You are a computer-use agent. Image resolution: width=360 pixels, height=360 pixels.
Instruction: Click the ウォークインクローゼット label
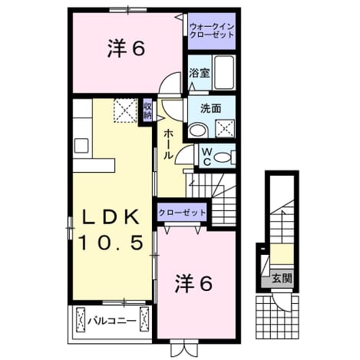click(x=212, y=31)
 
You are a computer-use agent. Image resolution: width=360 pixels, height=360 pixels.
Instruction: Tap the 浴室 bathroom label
click(x=200, y=74)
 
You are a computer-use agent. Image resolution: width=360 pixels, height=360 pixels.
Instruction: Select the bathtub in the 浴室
click(x=224, y=72)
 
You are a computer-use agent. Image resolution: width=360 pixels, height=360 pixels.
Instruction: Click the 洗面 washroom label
click(x=210, y=109)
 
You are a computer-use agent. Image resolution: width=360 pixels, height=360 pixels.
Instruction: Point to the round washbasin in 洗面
click(x=199, y=130)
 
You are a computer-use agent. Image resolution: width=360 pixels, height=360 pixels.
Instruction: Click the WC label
click(x=207, y=157)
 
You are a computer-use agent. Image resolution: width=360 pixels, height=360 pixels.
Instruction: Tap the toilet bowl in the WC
click(x=223, y=157)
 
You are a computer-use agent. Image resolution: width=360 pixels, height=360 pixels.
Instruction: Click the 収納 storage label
click(x=147, y=111)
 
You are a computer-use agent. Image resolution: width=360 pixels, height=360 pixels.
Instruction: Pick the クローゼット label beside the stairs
click(x=182, y=213)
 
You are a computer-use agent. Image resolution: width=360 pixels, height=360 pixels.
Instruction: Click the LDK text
click(x=111, y=217)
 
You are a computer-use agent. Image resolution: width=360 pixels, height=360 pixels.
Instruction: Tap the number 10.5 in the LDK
click(x=111, y=243)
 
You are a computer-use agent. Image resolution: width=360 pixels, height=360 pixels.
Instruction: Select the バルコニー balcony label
click(x=112, y=321)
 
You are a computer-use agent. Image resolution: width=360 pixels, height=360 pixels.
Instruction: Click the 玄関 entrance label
click(x=282, y=278)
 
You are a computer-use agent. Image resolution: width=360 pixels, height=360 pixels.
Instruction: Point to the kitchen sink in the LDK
click(x=81, y=146)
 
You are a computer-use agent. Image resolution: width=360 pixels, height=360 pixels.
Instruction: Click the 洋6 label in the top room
click(x=126, y=48)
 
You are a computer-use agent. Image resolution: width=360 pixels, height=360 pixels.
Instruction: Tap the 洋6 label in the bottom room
click(x=193, y=284)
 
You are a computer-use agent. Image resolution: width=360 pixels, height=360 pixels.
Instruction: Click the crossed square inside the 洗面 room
click(x=225, y=128)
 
